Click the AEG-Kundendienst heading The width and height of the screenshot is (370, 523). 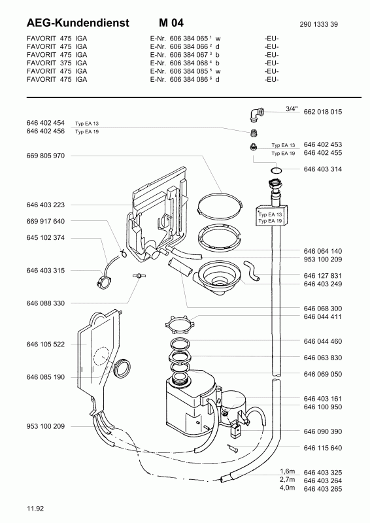tap(78, 23)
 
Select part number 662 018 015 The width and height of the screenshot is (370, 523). tap(323, 112)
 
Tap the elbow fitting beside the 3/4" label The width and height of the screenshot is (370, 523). tap(256, 114)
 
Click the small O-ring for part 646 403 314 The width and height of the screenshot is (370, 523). tap(277, 171)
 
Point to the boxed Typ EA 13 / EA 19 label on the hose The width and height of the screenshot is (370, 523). tap(271, 217)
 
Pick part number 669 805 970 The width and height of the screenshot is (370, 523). tap(45, 156)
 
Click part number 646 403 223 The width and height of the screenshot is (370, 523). tap(45, 205)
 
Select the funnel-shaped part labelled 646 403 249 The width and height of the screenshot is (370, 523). tap(218, 277)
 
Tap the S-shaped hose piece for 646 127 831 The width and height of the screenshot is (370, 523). tap(252, 270)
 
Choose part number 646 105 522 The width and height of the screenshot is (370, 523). tap(45, 345)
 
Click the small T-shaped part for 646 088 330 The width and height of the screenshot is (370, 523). tap(137, 275)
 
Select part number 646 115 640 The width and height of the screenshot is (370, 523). tap(323, 448)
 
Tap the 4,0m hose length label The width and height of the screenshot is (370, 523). tap(287, 488)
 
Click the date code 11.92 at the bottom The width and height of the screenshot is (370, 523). tap(35, 509)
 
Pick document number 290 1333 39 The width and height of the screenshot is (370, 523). tap(318, 24)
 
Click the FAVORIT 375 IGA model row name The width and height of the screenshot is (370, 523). tap(57, 63)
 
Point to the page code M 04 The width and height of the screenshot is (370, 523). tap(171, 23)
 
